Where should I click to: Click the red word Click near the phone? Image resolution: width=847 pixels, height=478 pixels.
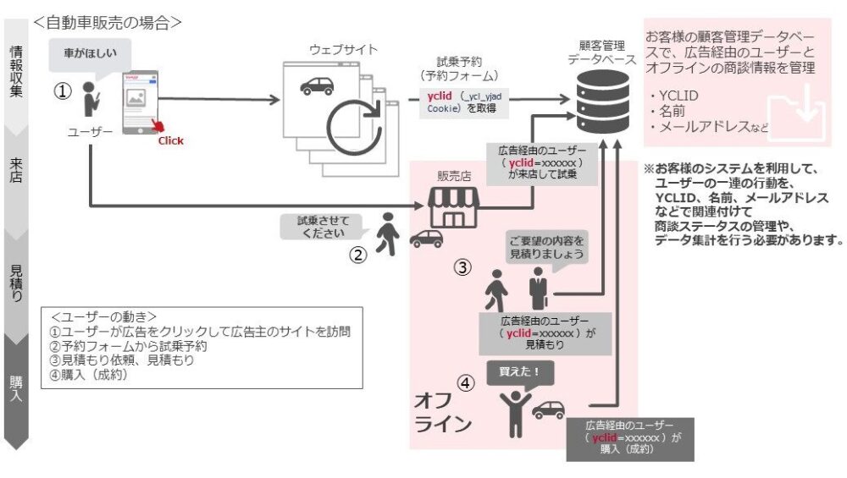(x=170, y=140)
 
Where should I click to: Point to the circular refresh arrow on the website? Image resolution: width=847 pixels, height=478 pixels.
(x=349, y=125)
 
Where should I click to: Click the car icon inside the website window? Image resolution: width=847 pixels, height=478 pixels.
(x=316, y=85)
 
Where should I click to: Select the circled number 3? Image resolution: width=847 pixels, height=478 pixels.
(x=462, y=268)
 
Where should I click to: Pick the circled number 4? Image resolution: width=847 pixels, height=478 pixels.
(x=465, y=383)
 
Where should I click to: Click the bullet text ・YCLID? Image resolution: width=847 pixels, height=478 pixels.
(x=675, y=95)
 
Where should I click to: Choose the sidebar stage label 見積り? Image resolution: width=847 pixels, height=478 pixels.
(x=16, y=283)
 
